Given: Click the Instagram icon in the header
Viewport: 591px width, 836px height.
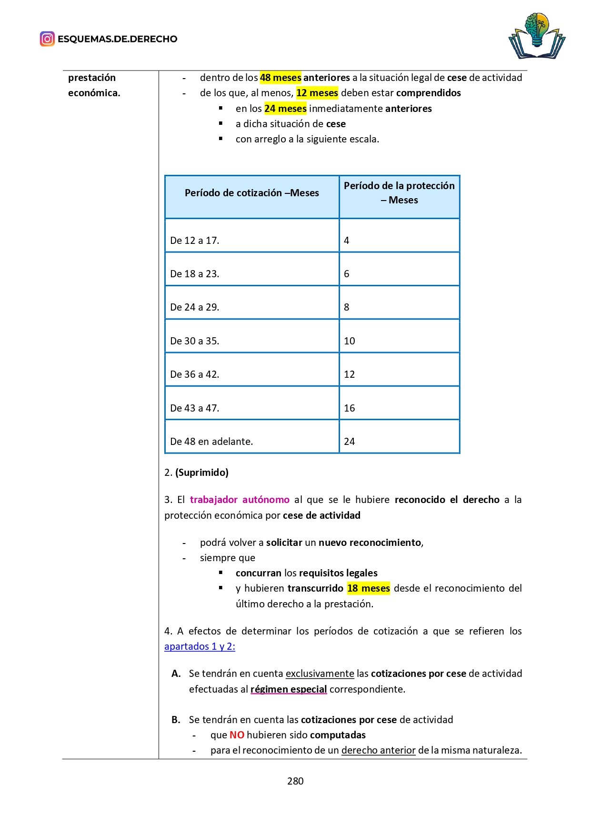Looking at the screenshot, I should click(47, 39).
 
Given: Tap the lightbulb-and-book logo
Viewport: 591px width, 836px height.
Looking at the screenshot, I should click(537, 36).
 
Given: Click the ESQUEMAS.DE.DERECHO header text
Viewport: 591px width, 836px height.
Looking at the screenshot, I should click(117, 39).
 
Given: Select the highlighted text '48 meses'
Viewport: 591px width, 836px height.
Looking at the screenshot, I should click(280, 78).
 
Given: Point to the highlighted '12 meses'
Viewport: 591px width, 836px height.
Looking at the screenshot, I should click(317, 93).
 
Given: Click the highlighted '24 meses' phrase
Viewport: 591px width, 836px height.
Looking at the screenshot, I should click(285, 109).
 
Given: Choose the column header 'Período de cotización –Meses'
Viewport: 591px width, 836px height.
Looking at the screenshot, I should click(251, 193).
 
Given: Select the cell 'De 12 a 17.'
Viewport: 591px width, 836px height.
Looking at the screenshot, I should click(195, 241).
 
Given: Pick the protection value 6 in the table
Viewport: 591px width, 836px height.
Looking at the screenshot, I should click(347, 274).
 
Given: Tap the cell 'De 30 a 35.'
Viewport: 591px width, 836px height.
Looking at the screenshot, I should click(195, 341).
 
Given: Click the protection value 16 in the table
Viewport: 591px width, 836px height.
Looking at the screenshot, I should click(350, 408).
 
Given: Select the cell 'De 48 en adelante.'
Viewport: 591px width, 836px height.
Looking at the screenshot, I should click(211, 442).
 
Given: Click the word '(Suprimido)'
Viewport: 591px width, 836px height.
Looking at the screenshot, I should click(202, 473).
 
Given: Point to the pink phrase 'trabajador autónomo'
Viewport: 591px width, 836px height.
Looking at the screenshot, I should click(240, 500).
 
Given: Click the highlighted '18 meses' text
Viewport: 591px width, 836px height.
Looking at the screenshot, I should click(368, 588).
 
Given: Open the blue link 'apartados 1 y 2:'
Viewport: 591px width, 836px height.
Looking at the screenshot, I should click(200, 646).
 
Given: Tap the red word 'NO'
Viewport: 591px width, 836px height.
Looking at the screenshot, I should click(237, 735).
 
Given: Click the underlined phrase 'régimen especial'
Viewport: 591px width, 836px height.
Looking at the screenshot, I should click(289, 689).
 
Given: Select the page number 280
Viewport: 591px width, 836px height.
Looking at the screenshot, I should click(295, 781).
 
